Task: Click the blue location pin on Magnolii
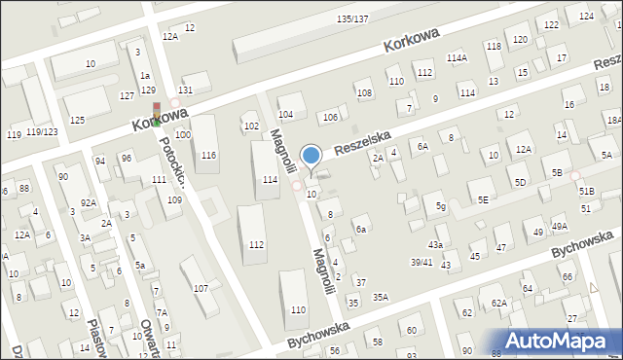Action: (x=311, y=156)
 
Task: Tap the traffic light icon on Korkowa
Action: (x=155, y=112)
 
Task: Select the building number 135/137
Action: (x=351, y=19)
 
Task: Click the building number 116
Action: (x=208, y=156)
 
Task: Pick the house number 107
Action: (x=201, y=288)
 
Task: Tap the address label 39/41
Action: (x=421, y=262)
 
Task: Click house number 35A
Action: (x=380, y=297)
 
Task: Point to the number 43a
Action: (x=435, y=244)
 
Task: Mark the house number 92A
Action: (x=89, y=202)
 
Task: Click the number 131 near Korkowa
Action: (x=185, y=90)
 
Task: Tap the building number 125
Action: (x=77, y=120)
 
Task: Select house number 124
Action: (x=586, y=17)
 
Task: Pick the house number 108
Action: (x=363, y=93)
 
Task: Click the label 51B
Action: (x=586, y=192)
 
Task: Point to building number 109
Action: (x=174, y=199)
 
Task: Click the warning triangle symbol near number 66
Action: (x=594, y=288)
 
